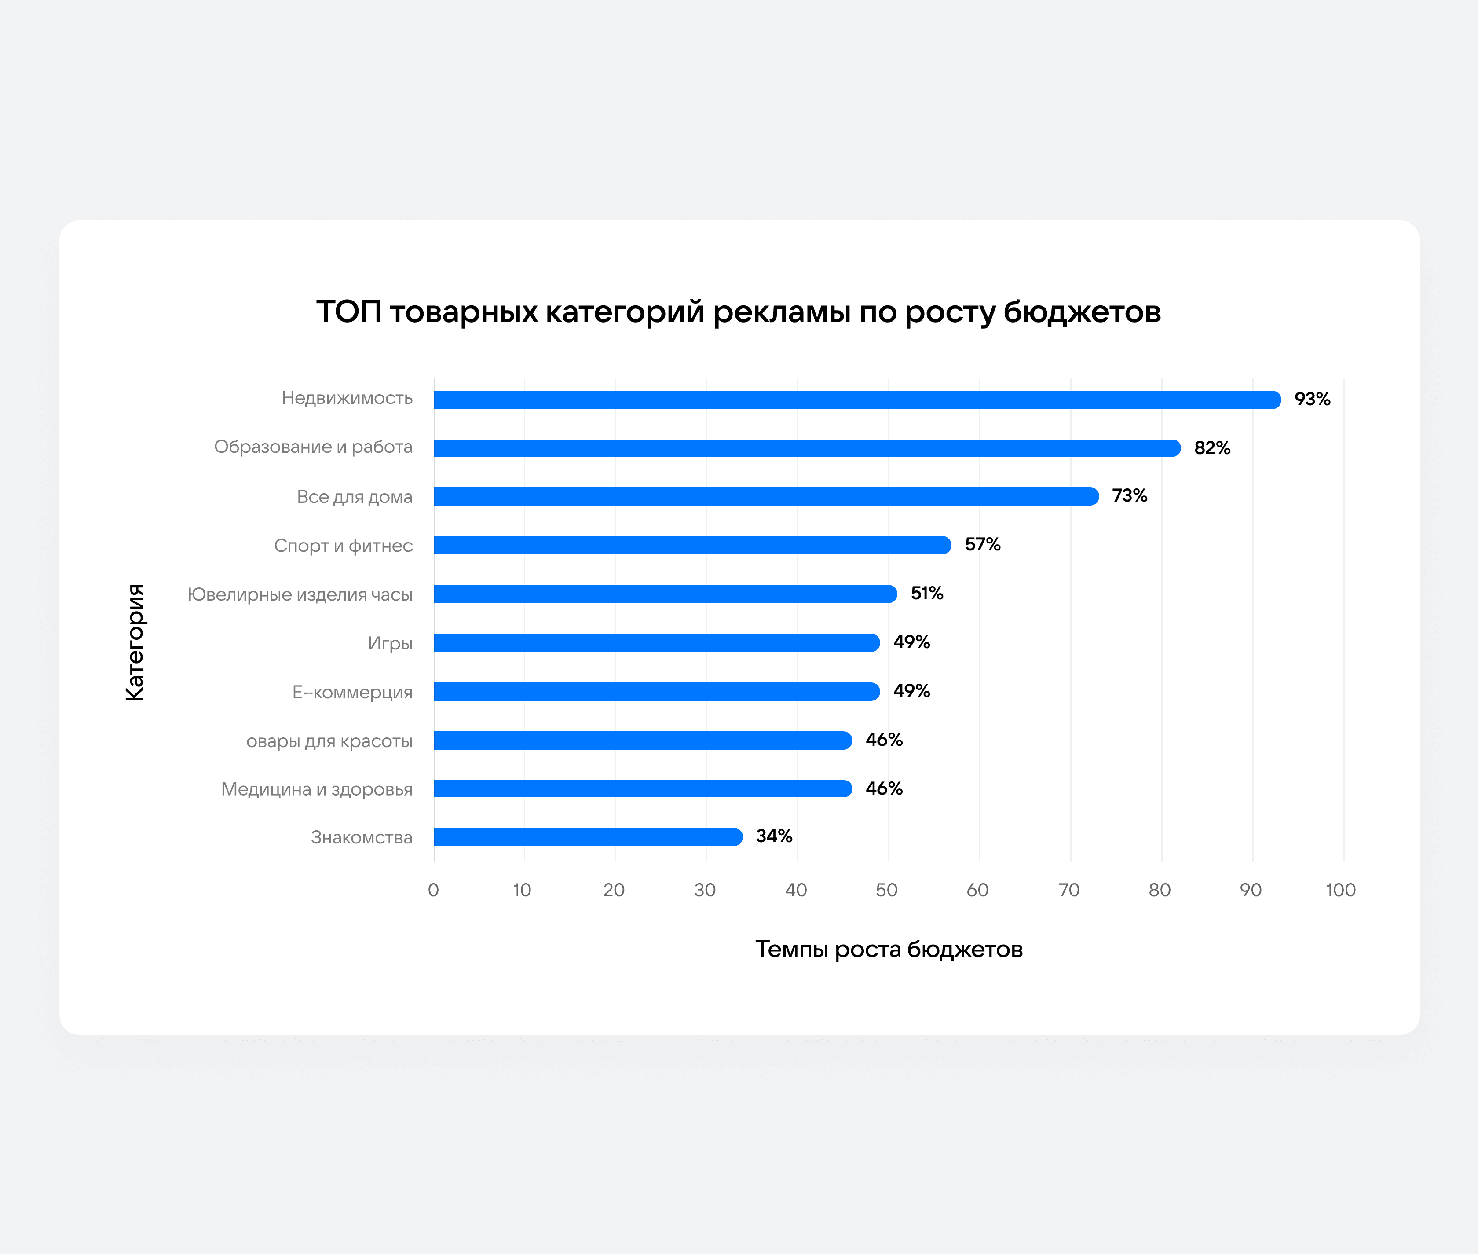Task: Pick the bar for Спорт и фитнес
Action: pos(692,545)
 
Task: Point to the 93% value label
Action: pos(1312,400)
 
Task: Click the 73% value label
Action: pos(1129,495)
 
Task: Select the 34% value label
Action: pos(774,836)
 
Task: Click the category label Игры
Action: pos(390,643)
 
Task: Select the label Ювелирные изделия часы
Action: pos(300,594)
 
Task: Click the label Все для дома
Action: pos(355,497)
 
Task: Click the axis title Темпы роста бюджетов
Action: pos(888,949)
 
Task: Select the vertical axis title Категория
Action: pos(134,643)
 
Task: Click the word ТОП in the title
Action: pos(348,312)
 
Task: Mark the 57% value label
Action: pos(982,545)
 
